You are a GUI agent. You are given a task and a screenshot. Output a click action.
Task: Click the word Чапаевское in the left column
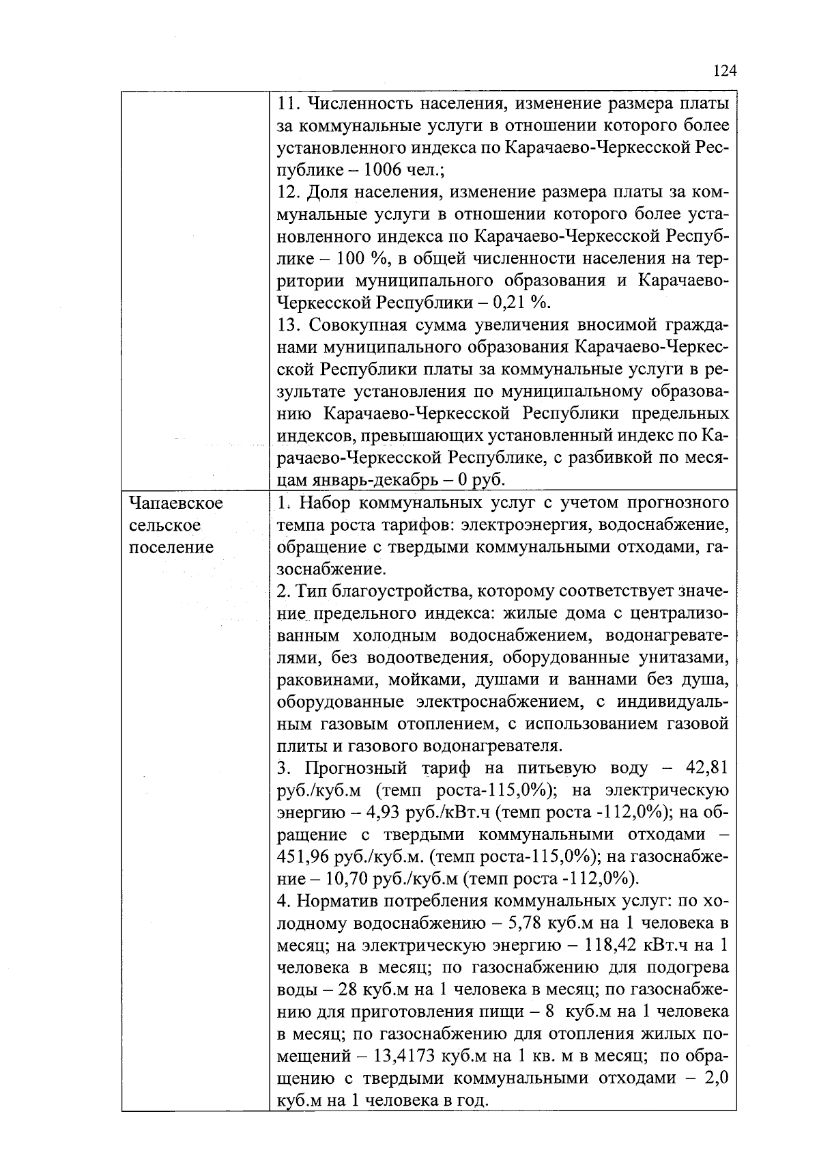pos(176,503)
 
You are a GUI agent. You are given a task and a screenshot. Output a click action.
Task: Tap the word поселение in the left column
pos(171,548)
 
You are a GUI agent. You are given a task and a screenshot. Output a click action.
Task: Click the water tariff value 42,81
pos(706,768)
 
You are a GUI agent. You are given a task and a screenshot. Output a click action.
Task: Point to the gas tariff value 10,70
pos(330,878)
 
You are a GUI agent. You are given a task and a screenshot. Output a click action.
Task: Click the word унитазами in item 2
pos(684,658)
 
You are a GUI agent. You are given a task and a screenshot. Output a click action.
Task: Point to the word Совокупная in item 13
pos(354,324)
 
